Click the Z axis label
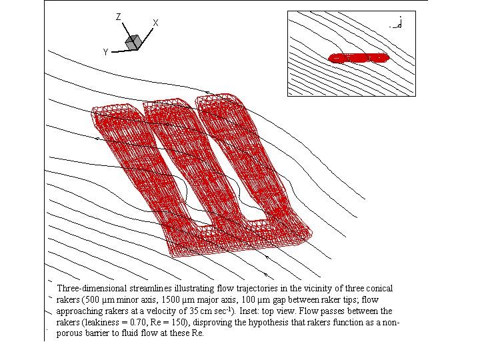tap(119, 17)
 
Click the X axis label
tap(155, 23)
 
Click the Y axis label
tap(105, 53)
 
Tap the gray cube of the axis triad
tap(133, 42)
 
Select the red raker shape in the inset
tap(359, 58)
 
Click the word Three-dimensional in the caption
tap(92, 289)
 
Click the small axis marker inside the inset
tap(397, 24)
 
